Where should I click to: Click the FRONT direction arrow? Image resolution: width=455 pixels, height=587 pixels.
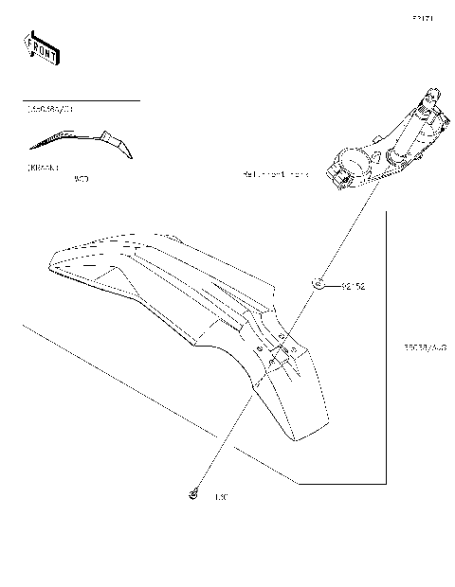[x=42, y=48]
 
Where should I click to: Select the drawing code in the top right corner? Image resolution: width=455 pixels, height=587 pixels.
[x=422, y=18]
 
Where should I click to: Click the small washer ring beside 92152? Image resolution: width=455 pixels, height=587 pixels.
[x=319, y=283]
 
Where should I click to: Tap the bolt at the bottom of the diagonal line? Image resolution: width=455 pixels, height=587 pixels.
[x=192, y=494]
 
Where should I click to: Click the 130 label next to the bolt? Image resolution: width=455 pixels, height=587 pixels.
[x=223, y=495]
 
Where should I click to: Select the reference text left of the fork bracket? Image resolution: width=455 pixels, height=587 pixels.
[x=276, y=176]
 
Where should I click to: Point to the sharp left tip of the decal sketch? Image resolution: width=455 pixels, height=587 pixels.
[x=30, y=148]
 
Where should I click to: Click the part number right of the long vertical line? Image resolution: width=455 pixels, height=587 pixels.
[x=424, y=347]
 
